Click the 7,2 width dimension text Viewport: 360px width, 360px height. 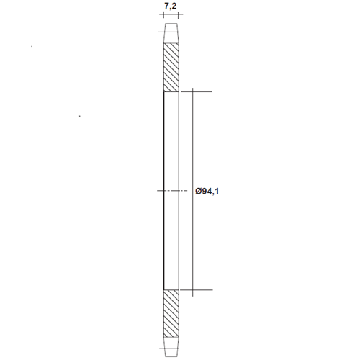(x=171, y=6)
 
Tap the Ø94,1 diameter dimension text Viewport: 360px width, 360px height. (x=207, y=192)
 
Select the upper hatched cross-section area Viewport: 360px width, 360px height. (x=171, y=68)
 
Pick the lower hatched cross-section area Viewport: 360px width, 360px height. (x=171, y=314)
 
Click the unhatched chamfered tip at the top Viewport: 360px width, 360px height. (x=171, y=33)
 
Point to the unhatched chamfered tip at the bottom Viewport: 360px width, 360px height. (x=171, y=347)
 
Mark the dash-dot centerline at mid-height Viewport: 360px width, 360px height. (x=172, y=191)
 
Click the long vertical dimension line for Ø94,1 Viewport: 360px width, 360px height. (x=193, y=192)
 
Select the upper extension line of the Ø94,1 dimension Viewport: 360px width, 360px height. (x=197, y=91)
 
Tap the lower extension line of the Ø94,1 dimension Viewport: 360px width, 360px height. (x=197, y=290)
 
